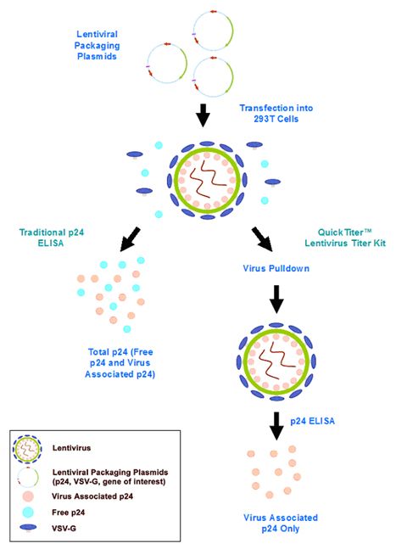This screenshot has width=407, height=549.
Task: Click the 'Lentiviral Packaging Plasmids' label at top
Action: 97,45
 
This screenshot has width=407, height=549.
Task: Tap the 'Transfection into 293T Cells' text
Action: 276,113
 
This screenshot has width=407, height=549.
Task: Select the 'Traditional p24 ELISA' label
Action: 52,238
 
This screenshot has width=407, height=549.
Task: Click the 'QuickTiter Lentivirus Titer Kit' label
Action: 345,238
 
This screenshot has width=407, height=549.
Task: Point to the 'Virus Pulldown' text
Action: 276,268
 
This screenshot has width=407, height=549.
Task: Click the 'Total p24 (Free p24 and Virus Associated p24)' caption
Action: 120,362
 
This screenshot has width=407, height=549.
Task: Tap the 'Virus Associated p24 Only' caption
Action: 281,523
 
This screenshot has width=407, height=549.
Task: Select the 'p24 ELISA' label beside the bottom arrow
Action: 312,421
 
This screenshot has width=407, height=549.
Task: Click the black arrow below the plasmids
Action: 203,115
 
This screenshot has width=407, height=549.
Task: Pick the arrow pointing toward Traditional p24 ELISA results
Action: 130,239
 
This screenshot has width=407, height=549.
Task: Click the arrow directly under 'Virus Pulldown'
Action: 276,300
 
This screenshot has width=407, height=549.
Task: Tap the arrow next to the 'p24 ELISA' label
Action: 276,426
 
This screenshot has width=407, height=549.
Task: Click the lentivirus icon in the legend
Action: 27,449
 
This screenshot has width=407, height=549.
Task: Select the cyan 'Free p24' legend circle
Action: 28,513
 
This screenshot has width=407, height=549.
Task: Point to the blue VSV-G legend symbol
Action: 28,527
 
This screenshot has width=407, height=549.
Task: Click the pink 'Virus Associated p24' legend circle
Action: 28,496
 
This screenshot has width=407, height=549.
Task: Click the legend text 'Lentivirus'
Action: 71,448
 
